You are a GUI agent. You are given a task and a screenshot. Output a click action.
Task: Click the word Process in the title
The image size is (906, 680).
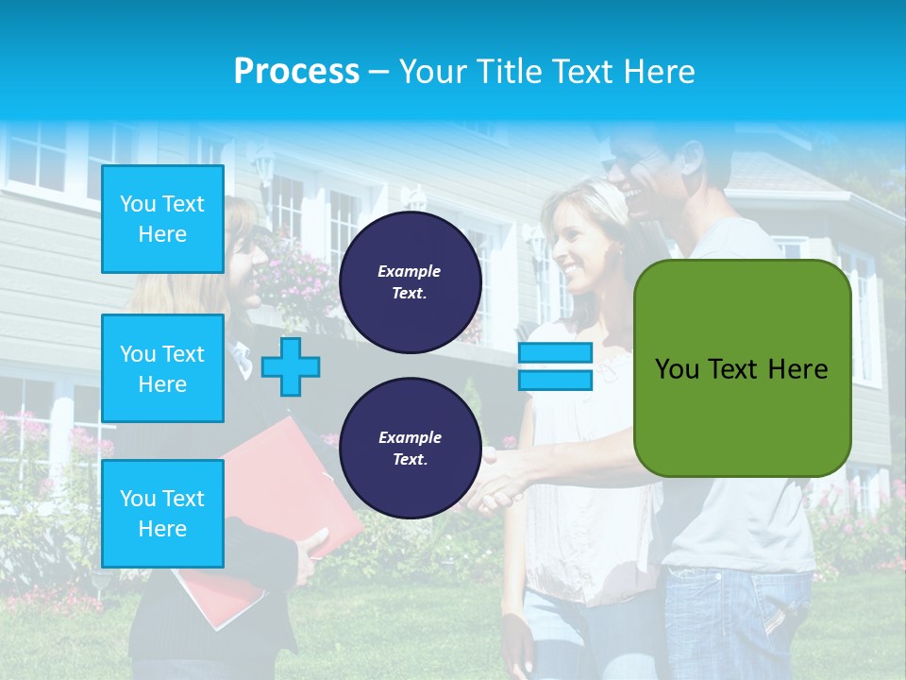296,72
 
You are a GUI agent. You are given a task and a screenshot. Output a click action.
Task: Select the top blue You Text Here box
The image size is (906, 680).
162,219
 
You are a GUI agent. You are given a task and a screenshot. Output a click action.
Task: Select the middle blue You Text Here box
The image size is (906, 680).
162,368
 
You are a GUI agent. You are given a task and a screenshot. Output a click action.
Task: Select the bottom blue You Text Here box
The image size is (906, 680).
162,513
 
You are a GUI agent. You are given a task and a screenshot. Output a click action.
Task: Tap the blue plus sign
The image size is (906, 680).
291,366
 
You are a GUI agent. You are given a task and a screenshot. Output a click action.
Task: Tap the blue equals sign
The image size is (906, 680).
555,366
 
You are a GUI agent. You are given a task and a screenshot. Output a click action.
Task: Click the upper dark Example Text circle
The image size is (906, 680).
411,282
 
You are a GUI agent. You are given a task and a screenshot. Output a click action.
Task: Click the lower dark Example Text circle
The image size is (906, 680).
411,449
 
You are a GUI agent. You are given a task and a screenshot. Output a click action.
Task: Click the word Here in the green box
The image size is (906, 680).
797,369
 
